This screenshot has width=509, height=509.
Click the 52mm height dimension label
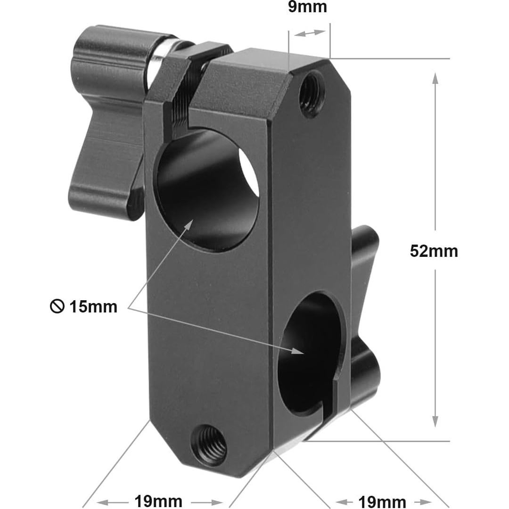(x=434, y=251)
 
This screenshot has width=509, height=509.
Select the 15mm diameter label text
(x=93, y=307)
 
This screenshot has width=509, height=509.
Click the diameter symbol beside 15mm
(x=57, y=307)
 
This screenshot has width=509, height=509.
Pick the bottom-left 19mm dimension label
(x=158, y=501)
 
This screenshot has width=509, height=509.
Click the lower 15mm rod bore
(x=309, y=353)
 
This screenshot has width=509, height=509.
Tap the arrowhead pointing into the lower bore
(x=297, y=351)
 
